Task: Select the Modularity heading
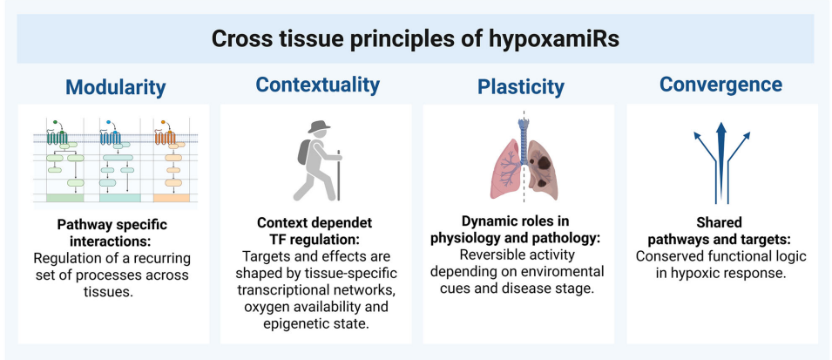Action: (114, 87)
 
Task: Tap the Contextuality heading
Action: (317, 85)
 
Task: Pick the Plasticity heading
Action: (520, 87)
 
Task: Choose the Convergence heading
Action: (720, 85)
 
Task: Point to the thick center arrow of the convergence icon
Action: (720, 161)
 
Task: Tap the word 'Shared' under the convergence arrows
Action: (721, 222)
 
